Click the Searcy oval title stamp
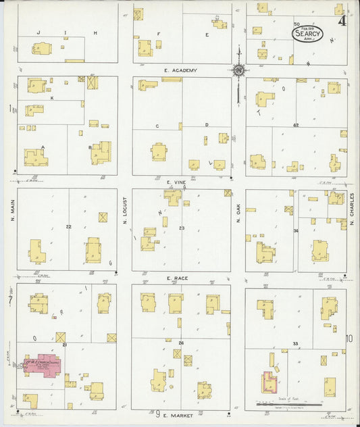click(x=307, y=32)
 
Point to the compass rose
click(x=238, y=69)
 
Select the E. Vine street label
click(x=176, y=182)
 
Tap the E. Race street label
click(x=178, y=278)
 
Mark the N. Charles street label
click(x=352, y=209)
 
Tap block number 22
click(x=68, y=226)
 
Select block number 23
click(x=181, y=228)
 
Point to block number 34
click(x=296, y=232)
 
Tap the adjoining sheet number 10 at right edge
click(x=349, y=338)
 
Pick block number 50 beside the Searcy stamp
click(x=296, y=24)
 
